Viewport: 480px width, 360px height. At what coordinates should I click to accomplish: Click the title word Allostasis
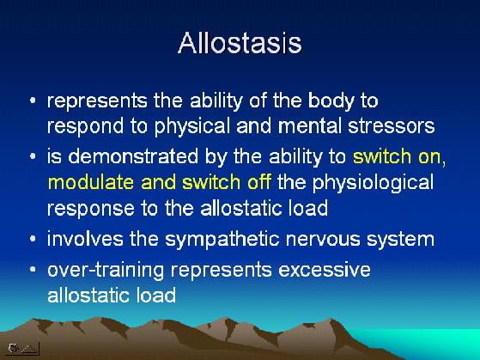click(240, 43)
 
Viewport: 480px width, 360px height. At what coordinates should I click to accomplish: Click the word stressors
click(392, 126)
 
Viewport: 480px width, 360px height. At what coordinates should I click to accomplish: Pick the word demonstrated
click(133, 156)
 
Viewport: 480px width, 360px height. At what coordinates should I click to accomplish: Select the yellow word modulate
click(91, 182)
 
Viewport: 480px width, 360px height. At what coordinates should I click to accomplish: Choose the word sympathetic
click(222, 240)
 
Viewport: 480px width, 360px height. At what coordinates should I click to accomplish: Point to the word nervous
click(323, 240)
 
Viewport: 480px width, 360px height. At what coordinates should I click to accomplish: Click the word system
click(400, 240)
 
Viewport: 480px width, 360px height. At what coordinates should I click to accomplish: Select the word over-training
click(106, 271)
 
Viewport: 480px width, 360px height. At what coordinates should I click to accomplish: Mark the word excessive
click(325, 271)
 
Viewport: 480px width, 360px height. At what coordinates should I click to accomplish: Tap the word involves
click(85, 239)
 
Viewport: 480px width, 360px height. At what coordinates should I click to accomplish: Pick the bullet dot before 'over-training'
click(33, 270)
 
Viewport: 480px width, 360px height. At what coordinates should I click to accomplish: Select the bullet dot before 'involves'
click(33, 239)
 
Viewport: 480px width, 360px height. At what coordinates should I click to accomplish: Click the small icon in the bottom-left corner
click(22, 348)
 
